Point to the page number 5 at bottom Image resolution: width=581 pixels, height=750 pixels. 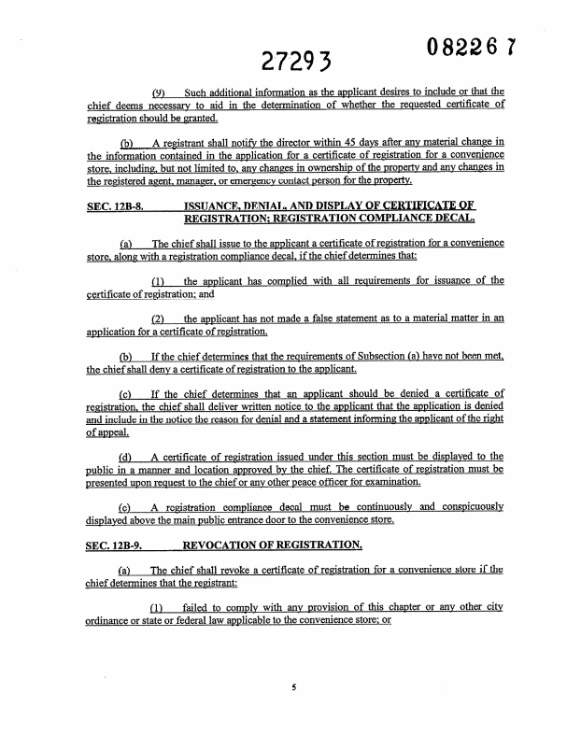[x=292, y=688]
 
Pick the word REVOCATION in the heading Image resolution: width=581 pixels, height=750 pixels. [x=229, y=543]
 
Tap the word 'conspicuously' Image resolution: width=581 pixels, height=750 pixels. [x=461, y=506]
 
